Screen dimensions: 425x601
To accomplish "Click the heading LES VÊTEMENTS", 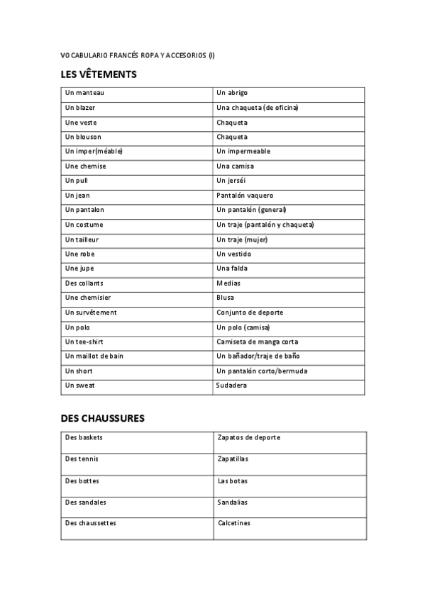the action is [x=99, y=74].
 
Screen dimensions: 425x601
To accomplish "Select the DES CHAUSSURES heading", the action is [x=103, y=418].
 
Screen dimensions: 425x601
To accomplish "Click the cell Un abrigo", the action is [x=232, y=93].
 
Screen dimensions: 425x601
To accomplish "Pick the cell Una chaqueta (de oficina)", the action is [x=257, y=108].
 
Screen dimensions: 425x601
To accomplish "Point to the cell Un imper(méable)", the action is [x=93, y=151].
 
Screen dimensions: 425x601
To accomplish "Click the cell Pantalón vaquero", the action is [x=245, y=196].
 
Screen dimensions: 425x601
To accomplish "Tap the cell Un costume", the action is [x=84, y=225].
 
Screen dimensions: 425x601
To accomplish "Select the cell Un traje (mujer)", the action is [x=242, y=240].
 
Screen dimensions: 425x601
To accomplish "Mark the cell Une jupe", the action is [x=79, y=269].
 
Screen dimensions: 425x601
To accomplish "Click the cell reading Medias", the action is [x=228, y=283].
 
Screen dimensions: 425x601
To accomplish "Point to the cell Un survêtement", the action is [x=90, y=313].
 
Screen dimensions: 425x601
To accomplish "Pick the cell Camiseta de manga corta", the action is [x=257, y=342].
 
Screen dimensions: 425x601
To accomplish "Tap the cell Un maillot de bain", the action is [x=94, y=356].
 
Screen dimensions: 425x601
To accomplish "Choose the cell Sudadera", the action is [x=232, y=386].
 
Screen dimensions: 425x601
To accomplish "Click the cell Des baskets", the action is [x=84, y=437].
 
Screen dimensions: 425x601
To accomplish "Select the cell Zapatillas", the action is [x=233, y=459].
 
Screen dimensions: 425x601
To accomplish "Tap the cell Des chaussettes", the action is [x=90, y=523].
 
